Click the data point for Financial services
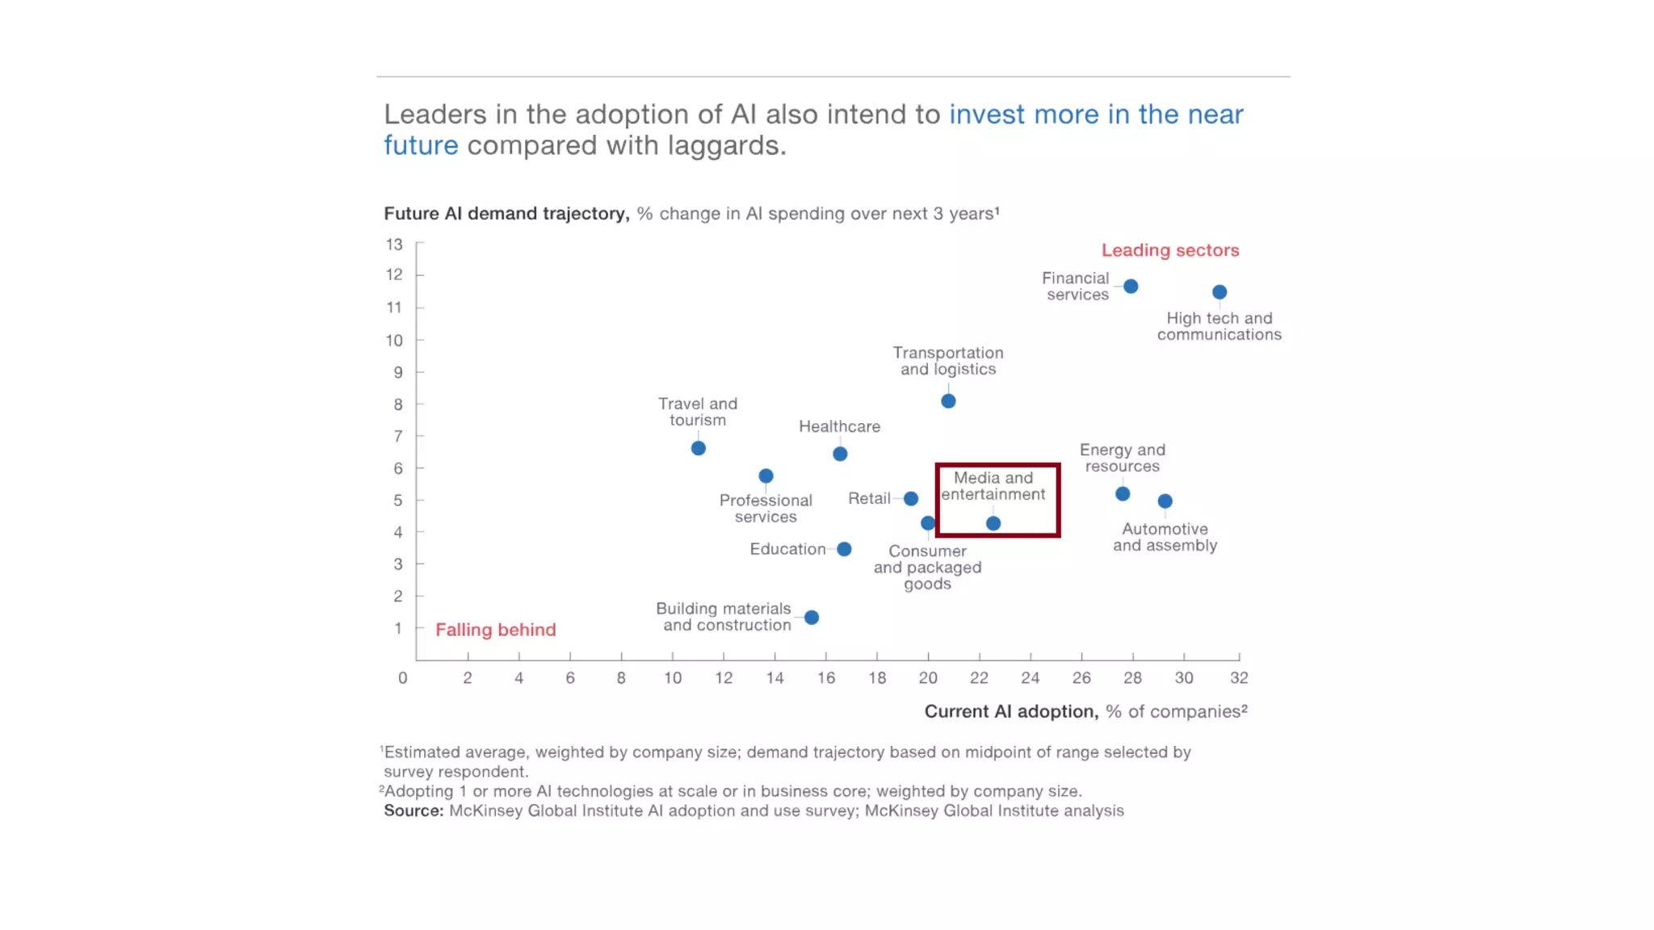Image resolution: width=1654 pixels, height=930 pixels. tap(1131, 287)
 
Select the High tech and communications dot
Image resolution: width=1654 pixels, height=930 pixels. tap(1220, 292)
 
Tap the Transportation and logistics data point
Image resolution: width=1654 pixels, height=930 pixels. tap(948, 401)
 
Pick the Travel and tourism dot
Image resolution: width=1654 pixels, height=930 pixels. tap(699, 448)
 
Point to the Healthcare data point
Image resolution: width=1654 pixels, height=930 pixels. tap(840, 455)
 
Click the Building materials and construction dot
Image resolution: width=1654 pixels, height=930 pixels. tap(812, 618)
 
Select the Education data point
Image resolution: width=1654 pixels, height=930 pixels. tap(844, 549)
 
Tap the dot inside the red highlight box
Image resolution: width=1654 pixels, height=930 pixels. tap(993, 523)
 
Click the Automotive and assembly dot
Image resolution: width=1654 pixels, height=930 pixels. tap(1165, 501)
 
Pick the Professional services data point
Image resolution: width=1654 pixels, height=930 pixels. tap(766, 476)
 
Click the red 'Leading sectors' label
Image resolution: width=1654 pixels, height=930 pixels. tap(1169, 250)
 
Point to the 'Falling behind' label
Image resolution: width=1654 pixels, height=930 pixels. tap(495, 630)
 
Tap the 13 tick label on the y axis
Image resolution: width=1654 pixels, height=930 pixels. tap(394, 244)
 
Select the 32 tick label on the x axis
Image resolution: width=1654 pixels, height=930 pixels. tap(1239, 678)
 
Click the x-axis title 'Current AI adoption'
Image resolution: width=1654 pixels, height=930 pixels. tap(1010, 711)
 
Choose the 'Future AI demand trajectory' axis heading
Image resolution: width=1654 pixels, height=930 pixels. tap(506, 214)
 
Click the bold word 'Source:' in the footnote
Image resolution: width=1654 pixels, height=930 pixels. tap(413, 811)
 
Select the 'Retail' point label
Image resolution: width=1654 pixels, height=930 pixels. tap(869, 498)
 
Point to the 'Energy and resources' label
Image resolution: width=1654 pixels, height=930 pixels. tap(1122, 458)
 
